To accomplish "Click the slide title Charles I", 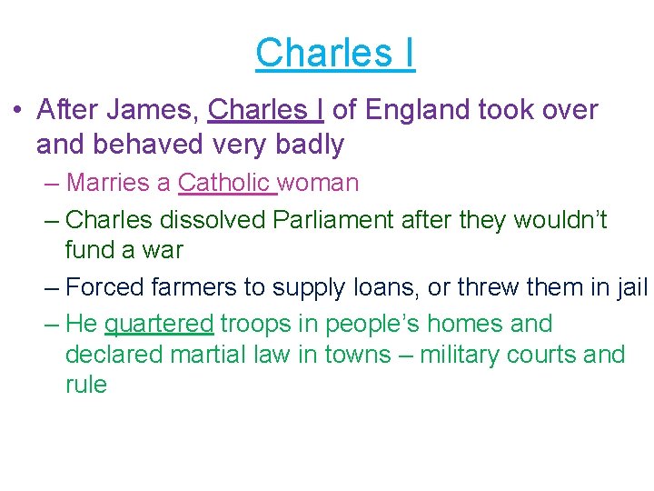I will click(x=335, y=53).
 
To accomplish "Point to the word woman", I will click(x=319, y=183).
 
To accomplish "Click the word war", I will click(x=163, y=249).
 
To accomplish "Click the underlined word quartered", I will click(x=159, y=324).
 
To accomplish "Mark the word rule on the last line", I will click(x=85, y=385).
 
